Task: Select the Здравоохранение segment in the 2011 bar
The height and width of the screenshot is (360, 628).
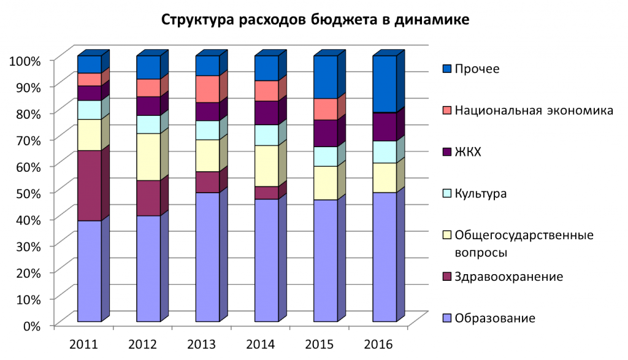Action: click(89, 185)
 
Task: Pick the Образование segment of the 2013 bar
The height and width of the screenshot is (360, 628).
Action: click(207, 257)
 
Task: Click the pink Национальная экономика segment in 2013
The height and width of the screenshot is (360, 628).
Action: click(207, 89)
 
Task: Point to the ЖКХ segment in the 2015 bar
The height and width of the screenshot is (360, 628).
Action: click(326, 133)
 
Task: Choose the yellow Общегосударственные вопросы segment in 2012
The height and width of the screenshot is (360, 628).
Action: click(148, 156)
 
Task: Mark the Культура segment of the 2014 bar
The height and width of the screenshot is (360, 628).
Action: click(267, 135)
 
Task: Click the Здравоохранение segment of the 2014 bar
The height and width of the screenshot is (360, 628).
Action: click(267, 193)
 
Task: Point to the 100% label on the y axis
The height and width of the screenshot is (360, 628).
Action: click(25, 61)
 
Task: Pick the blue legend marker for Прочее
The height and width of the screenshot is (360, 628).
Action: click(446, 69)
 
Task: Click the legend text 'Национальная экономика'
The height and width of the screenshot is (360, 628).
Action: click(534, 111)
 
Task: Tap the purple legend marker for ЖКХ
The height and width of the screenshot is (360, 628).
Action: click(446, 151)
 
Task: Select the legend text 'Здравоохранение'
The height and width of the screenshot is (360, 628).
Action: click(508, 277)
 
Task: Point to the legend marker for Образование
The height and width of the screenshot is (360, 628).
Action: click(446, 318)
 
